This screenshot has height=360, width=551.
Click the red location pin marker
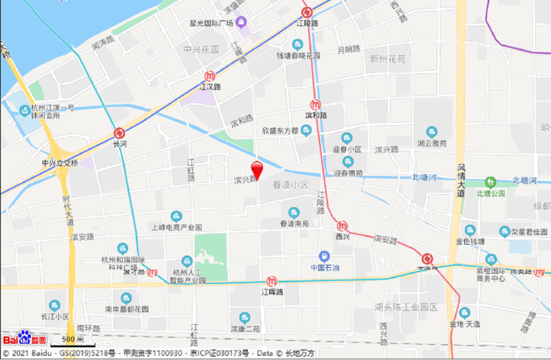pyautogui.click(x=257, y=169)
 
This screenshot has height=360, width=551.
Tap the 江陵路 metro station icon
pyautogui.click(x=307, y=12)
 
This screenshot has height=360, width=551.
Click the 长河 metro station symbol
pyautogui.click(x=120, y=132)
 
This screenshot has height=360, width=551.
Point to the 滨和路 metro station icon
pyautogui.click(x=316, y=104)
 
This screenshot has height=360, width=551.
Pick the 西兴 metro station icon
pyautogui.click(x=342, y=225)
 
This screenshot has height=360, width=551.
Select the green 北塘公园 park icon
pyautogui.click(x=491, y=182)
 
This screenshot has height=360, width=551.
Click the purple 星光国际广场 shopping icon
pyautogui.click(x=241, y=22)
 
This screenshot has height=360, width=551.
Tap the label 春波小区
pyautogui.click(x=291, y=185)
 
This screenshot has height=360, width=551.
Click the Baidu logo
pyautogui.click(x=24, y=339)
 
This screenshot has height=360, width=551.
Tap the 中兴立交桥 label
pyautogui.click(x=60, y=163)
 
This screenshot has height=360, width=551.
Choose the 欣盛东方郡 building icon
pyautogui.click(x=306, y=130)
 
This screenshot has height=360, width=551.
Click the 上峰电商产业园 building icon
pyautogui.click(x=176, y=216)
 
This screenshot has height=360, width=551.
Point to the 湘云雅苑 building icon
pyautogui.click(x=432, y=131)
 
